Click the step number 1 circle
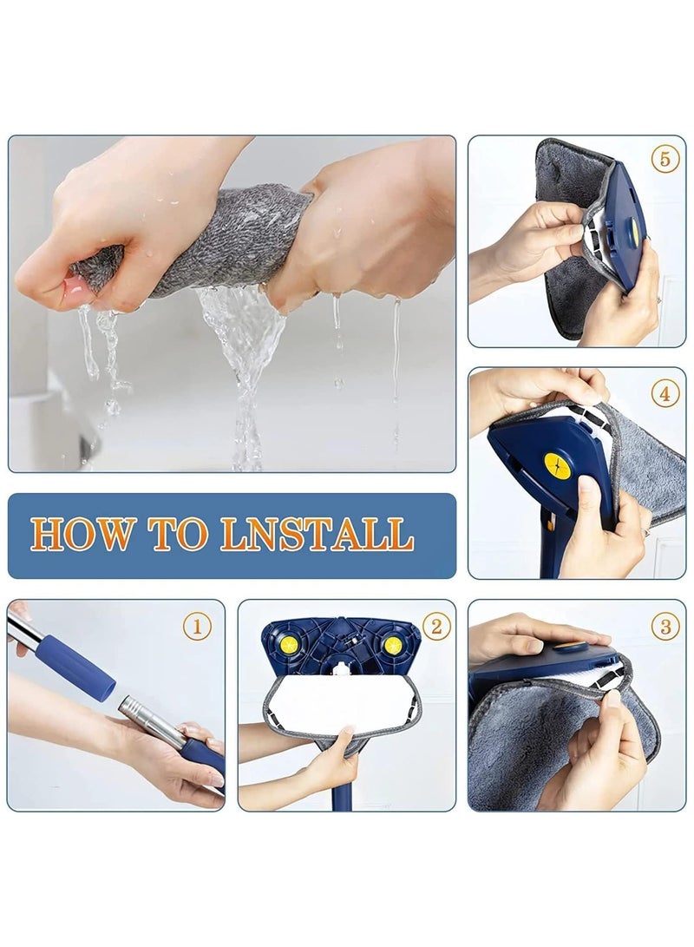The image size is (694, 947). pyautogui.click(x=197, y=627)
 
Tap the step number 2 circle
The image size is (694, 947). pyautogui.click(x=436, y=627)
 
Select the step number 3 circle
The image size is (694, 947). pyautogui.click(x=665, y=627)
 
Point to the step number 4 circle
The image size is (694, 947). pyautogui.click(x=665, y=394)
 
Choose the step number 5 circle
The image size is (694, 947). pyautogui.click(x=665, y=160)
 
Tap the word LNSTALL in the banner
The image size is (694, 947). pyautogui.click(x=317, y=534)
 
